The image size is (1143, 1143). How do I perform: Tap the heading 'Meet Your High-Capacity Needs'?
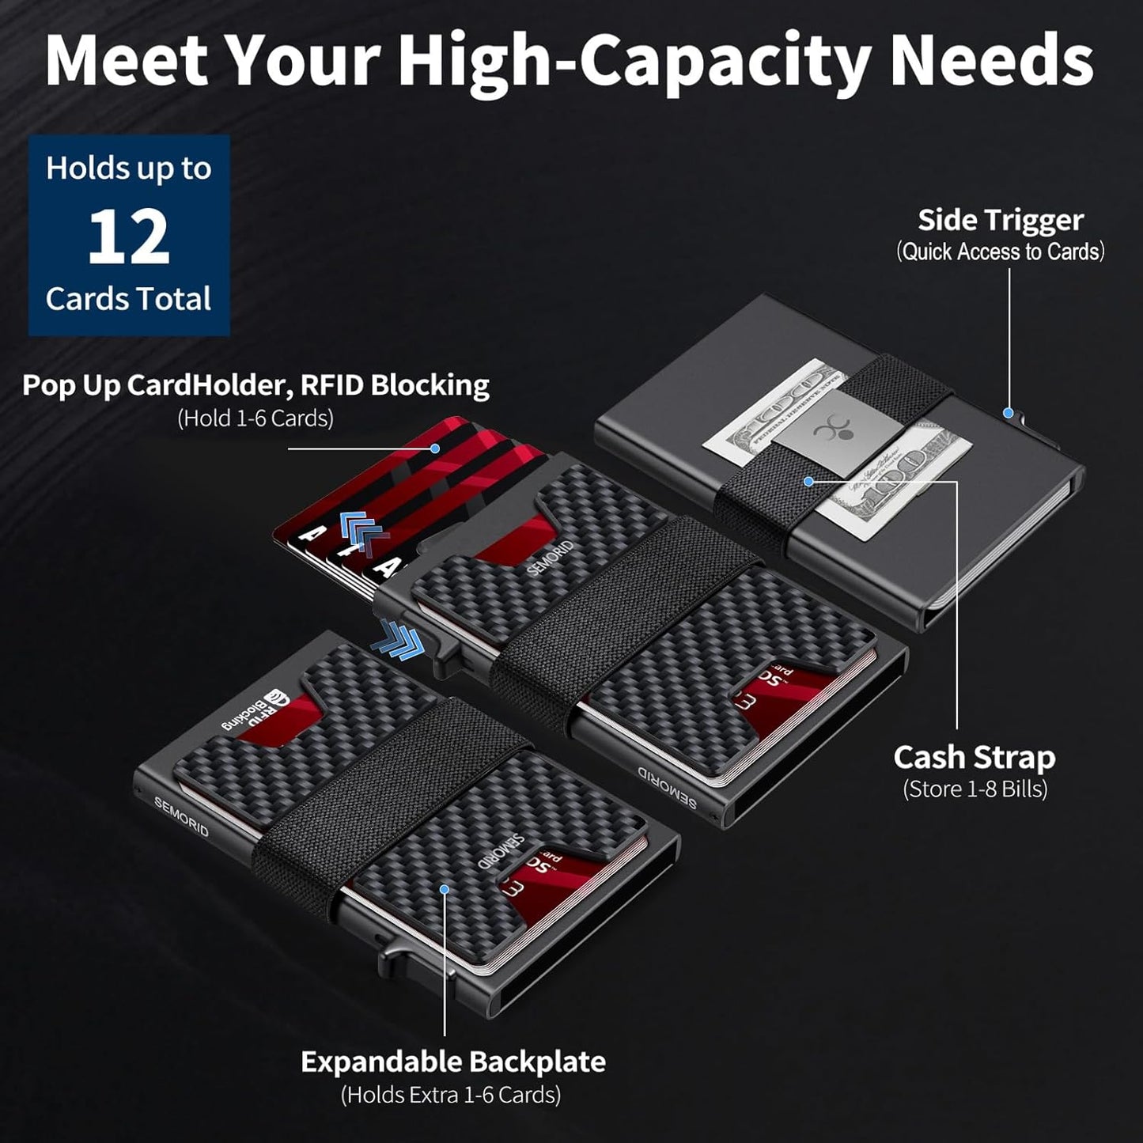coord(570,62)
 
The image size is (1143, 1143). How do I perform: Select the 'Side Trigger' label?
coord(1000,220)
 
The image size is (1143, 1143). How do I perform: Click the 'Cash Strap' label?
coord(974,757)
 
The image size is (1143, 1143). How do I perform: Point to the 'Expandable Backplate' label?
coord(452,1061)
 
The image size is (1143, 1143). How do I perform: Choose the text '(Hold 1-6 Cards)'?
coord(255,418)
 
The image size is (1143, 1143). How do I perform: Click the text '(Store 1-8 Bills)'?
coord(975,789)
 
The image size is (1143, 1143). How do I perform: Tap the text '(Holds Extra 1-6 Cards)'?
coord(450,1095)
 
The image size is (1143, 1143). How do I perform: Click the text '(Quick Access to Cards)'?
coord(1000,252)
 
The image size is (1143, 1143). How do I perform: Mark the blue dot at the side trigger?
coord(1009,412)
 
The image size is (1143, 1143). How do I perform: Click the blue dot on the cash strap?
coord(808,481)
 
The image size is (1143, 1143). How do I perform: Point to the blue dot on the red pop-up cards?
coord(434,448)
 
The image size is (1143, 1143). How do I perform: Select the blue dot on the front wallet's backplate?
coord(445,889)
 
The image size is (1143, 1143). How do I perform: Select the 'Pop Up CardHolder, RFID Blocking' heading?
coord(255,384)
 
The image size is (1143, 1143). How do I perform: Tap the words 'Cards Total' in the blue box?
coord(129,299)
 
